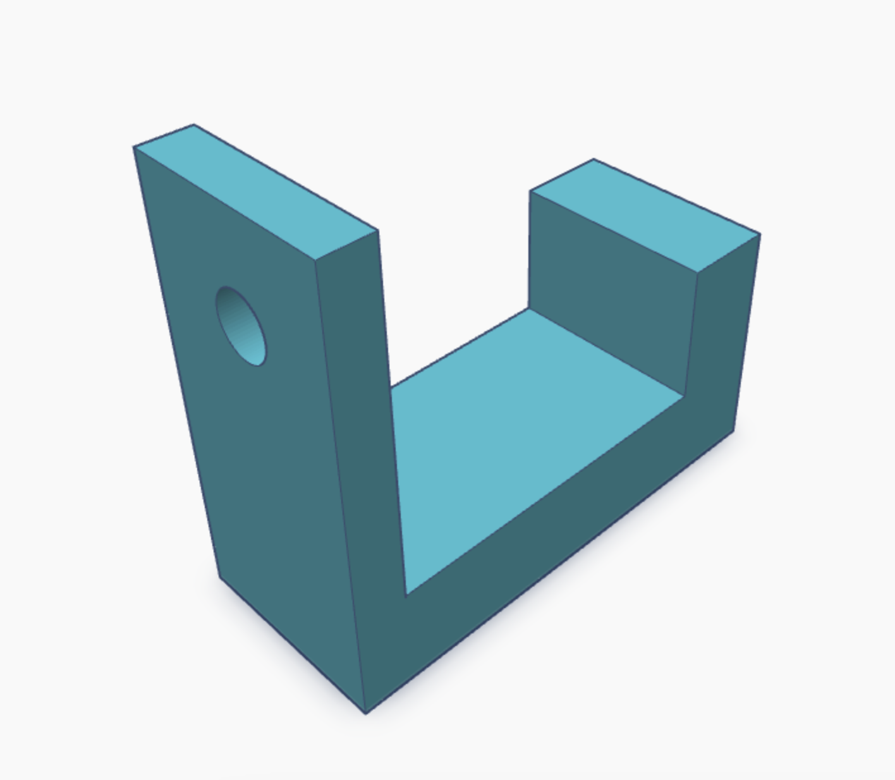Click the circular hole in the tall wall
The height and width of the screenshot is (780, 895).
pos(240,326)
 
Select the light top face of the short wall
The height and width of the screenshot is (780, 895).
pos(645,216)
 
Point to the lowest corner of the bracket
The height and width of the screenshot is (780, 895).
pos(366,714)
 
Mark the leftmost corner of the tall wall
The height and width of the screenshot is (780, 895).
pos(133,147)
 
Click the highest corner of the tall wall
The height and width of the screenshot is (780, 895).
pos(193,125)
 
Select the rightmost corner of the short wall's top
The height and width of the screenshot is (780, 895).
pos(760,235)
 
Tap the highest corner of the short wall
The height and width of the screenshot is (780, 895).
pos(594,159)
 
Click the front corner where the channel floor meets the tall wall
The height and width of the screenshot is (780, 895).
pos(405,594)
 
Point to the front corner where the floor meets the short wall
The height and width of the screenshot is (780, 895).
pos(684,397)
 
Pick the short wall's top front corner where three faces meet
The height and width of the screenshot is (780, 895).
pos(697,272)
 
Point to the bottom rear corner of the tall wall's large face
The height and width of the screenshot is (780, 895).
pos(219,576)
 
